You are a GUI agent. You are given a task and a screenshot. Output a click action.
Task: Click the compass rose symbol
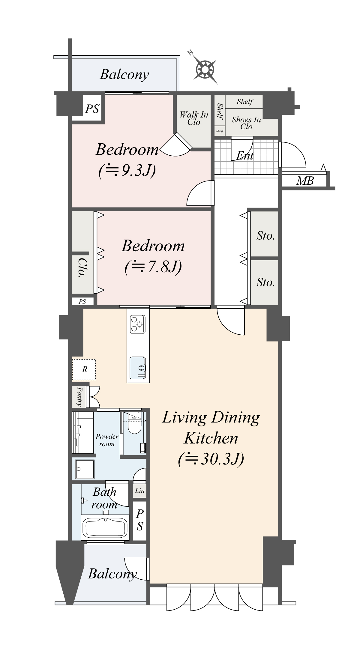(205, 70)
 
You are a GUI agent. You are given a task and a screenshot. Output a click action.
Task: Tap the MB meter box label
(305, 181)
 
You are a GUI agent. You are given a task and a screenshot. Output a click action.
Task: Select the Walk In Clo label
(194, 118)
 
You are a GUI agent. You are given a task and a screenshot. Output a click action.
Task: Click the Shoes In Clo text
(246, 123)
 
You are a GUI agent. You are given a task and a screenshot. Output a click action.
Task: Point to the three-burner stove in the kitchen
(137, 324)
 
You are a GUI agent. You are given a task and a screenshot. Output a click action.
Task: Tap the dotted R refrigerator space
(84, 369)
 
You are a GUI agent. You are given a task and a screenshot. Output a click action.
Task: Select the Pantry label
(79, 396)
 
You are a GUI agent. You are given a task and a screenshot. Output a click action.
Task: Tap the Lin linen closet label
(140, 491)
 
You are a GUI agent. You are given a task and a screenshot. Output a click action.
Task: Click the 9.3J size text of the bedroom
(127, 170)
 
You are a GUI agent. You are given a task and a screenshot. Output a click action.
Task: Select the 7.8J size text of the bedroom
(153, 266)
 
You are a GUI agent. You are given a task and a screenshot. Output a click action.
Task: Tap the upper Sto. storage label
(265, 236)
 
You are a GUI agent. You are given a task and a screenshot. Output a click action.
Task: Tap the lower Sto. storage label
(265, 282)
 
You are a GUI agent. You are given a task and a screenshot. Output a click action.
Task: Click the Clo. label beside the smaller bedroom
(82, 268)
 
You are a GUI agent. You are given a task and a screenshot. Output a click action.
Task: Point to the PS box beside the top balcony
(92, 109)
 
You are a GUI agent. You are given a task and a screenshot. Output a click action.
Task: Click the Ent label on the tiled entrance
(245, 156)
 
